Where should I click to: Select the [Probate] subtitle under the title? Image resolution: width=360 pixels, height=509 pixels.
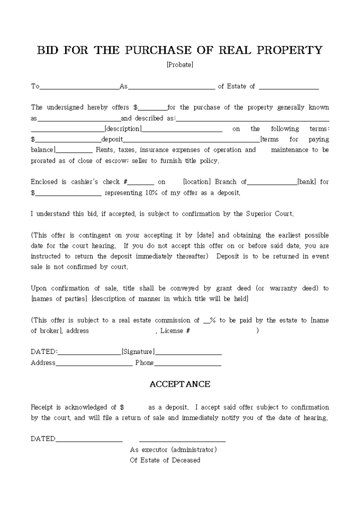[x=179, y=65]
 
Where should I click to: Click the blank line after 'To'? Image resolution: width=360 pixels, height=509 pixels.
[x=79, y=87]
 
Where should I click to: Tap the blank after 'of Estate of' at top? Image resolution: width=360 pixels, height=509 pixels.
[x=289, y=87]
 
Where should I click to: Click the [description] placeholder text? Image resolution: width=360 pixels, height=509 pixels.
[x=123, y=129]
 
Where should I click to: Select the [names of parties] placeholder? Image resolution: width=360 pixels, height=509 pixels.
[x=59, y=299]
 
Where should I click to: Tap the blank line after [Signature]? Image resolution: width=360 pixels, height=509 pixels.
[x=188, y=352]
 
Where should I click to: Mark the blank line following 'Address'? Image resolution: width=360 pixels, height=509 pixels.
[x=94, y=363]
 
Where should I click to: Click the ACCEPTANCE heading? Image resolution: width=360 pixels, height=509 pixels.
[x=179, y=385]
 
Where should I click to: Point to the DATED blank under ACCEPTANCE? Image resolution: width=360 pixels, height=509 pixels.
[x=89, y=439]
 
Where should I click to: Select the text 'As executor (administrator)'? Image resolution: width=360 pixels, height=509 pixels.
[x=173, y=450]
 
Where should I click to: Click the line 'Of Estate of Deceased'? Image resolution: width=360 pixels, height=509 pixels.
[x=165, y=460]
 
